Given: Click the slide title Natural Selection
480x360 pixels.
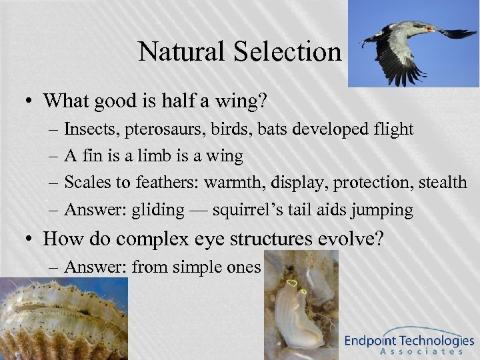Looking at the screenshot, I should [x=239, y=51].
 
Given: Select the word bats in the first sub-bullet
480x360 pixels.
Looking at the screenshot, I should [x=275, y=129].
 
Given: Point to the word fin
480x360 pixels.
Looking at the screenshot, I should [x=93, y=156].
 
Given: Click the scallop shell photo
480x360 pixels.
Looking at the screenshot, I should [x=63, y=317].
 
